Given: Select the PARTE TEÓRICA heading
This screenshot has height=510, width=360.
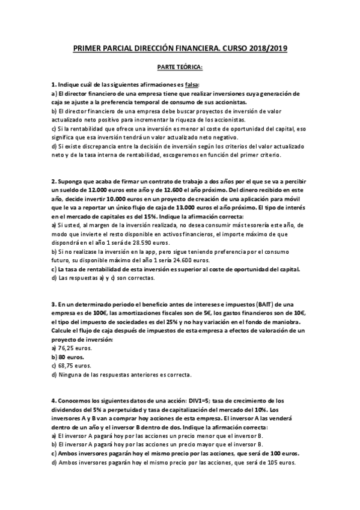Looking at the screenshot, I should pos(180,67).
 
